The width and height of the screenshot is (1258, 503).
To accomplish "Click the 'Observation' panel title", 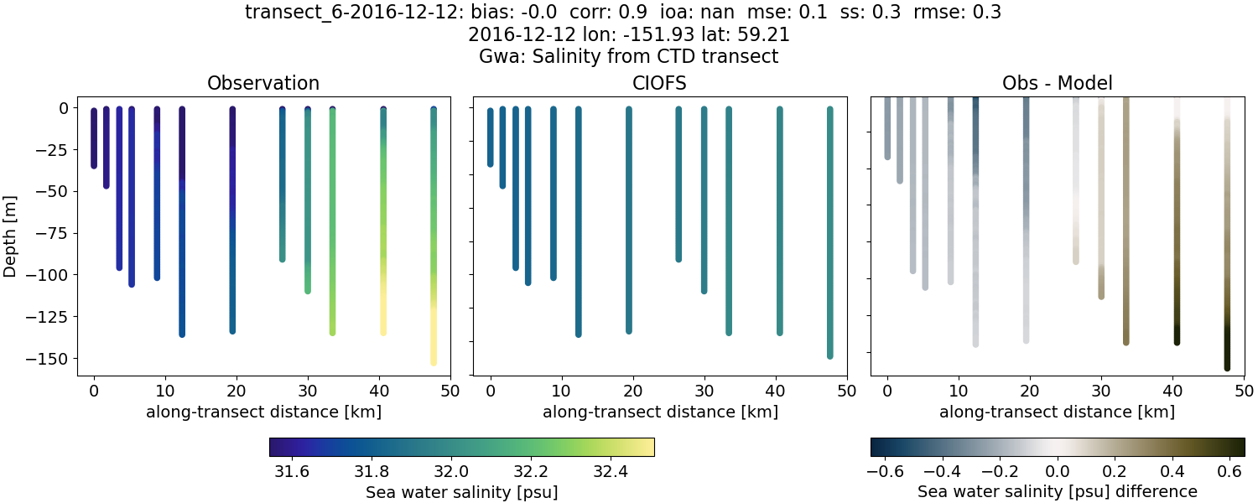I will tap(263, 84).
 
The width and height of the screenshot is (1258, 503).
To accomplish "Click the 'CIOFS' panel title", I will tap(659, 84).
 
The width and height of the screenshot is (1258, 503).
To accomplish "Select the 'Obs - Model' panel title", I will tap(1057, 84).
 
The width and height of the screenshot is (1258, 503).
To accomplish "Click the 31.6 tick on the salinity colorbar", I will tap(292, 471).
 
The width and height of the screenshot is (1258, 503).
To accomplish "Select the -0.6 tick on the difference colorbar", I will tap(886, 471).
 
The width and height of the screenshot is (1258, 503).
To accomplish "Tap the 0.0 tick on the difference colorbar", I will tap(1058, 471).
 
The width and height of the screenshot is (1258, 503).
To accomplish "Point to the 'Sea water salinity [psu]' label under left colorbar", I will tap(461, 492).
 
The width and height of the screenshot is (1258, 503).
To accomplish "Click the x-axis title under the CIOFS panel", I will tap(659, 412).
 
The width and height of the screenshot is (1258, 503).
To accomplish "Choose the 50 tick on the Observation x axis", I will tap(450, 390).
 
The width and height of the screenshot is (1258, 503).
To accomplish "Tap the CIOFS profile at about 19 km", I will tap(629, 218).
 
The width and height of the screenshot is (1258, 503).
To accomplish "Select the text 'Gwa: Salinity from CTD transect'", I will tap(628, 57).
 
